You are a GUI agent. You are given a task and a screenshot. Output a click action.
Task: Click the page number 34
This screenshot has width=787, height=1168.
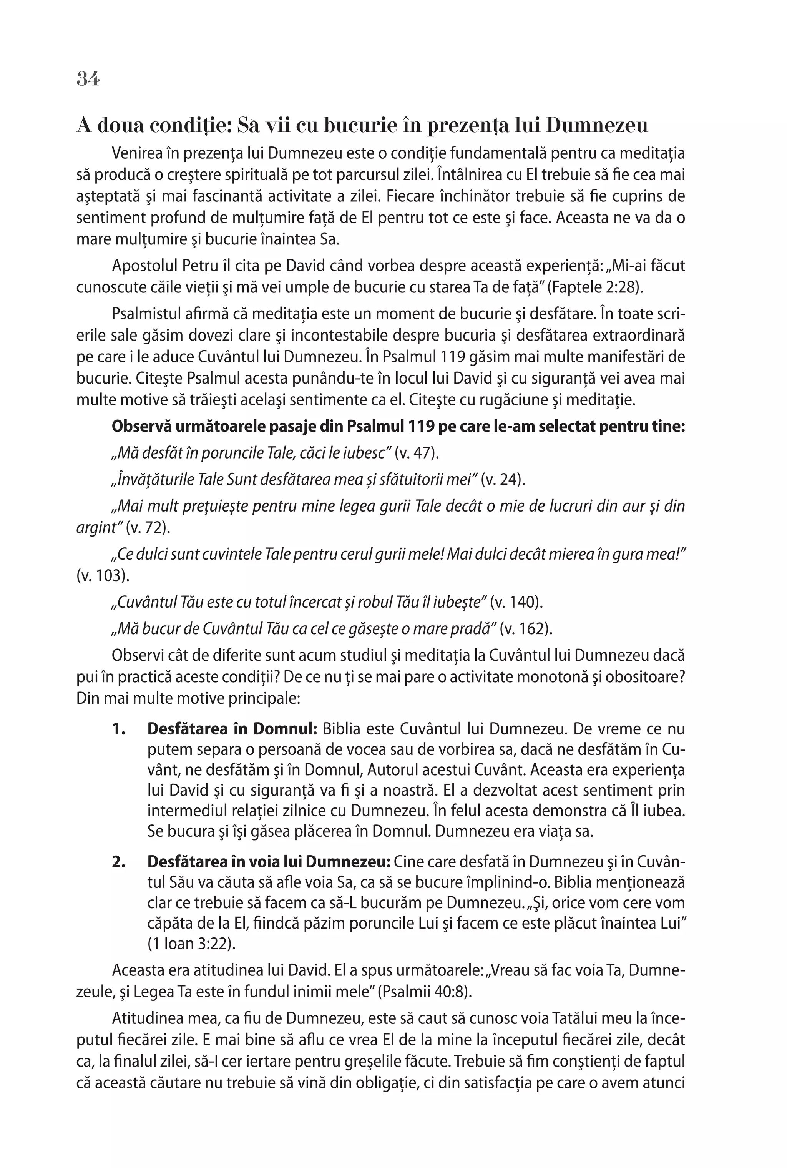(x=88, y=79)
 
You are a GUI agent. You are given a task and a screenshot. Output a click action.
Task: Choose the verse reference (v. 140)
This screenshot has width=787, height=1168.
(x=516, y=602)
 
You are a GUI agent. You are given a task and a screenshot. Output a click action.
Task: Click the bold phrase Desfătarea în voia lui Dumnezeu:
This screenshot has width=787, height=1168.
(x=269, y=861)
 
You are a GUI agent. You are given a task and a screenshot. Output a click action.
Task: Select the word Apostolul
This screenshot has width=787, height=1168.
(x=142, y=266)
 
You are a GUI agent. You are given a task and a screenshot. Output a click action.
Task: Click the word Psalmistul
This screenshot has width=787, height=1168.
(x=146, y=314)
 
